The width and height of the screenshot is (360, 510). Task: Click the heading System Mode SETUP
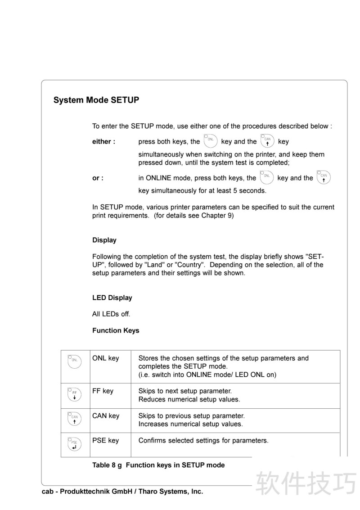pos(96,100)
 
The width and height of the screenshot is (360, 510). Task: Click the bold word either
pos(103,141)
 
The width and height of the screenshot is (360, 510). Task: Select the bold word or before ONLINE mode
pos(98,178)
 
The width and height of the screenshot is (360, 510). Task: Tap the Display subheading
pos(104,240)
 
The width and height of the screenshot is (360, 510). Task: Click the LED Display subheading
pos(112,298)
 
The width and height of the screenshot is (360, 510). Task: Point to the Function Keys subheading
pos(116,330)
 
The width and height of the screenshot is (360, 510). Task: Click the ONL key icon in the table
pos(74,361)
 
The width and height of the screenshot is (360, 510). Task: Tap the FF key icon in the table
pos(74,394)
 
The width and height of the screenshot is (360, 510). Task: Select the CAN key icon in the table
pos(74,419)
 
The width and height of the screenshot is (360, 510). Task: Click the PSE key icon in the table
pos(74,444)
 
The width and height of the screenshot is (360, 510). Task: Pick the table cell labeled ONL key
pos(105,358)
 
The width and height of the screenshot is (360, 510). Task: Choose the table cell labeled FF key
pos(103,391)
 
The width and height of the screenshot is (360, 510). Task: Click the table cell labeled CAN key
pos(106,415)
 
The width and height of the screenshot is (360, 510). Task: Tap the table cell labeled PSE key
pos(105,440)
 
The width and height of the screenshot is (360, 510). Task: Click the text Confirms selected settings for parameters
pos(203,440)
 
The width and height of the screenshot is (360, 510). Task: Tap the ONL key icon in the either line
pos(210,141)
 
